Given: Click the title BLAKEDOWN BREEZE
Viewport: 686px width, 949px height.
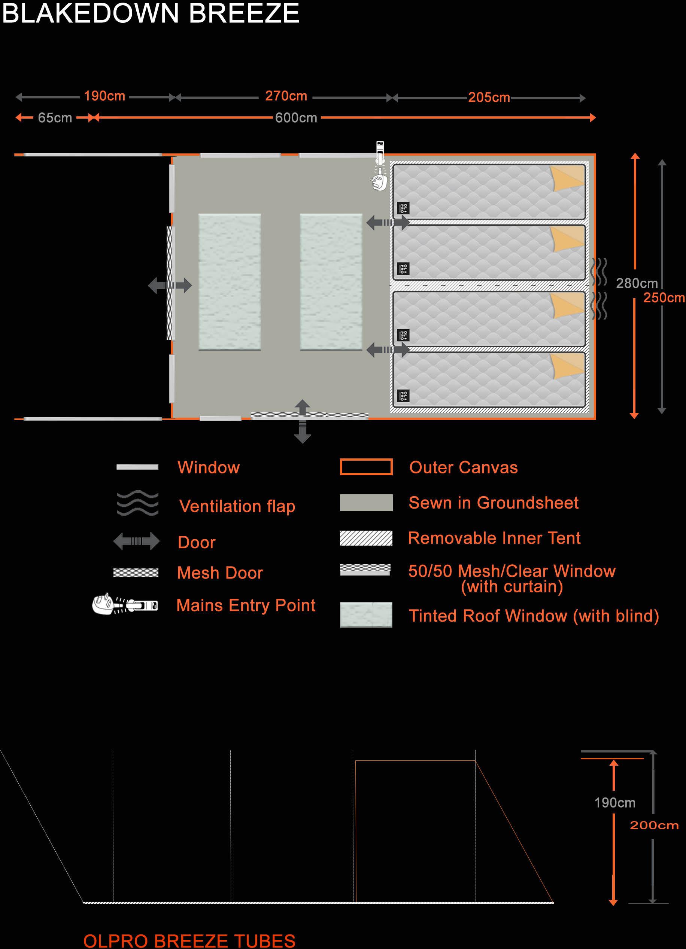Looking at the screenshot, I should (151, 13).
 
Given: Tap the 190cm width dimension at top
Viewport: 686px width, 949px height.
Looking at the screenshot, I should (104, 96).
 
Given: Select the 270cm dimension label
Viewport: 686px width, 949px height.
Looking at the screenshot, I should (286, 96).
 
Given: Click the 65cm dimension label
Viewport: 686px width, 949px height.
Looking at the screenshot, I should (55, 118).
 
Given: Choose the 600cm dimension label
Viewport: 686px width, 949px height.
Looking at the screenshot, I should (296, 118).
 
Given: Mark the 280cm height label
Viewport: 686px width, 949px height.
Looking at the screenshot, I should (636, 283).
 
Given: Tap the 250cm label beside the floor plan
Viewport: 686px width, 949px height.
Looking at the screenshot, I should (664, 297).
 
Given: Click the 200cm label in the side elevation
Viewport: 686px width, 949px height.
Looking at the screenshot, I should (654, 826).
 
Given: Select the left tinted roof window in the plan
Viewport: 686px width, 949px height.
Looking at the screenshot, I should (230, 282).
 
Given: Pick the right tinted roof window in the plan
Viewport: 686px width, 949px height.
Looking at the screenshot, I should (331, 282).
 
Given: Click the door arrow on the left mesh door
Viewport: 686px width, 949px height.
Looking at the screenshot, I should (170, 286).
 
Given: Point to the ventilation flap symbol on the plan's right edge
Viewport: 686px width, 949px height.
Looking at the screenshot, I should (599, 289).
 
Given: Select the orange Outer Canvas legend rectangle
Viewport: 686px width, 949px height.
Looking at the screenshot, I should (366, 467).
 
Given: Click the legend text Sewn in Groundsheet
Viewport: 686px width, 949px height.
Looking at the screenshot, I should (494, 503).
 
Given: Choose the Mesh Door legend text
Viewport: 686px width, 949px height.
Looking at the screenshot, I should (220, 573).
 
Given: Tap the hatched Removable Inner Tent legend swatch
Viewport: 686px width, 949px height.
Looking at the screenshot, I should (366, 538).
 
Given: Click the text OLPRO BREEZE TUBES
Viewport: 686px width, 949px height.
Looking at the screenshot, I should (189, 941).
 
